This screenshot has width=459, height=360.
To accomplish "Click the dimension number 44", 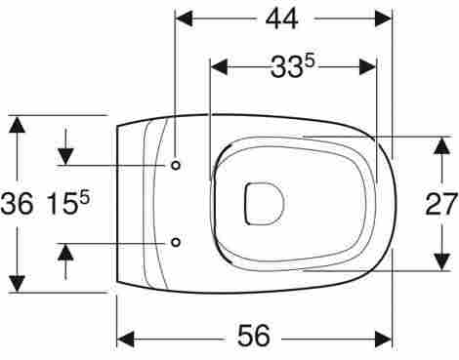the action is click(281, 20).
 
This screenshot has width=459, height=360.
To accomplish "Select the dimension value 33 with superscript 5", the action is click(293, 67).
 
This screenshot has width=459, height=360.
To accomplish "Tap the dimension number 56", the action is click(254, 336).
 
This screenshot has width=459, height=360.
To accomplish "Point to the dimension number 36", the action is click(17, 204).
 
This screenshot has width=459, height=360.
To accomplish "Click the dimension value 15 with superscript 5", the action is click(68, 204).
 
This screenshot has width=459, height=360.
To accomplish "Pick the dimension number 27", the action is click(441, 204).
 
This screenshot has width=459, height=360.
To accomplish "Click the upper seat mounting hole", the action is click(176, 166).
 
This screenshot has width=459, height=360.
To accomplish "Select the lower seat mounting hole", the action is click(176, 242).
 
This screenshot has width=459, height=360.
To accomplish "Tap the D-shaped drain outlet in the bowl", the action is click(264, 204).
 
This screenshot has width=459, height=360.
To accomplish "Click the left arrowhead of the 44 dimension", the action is click(184, 19).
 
